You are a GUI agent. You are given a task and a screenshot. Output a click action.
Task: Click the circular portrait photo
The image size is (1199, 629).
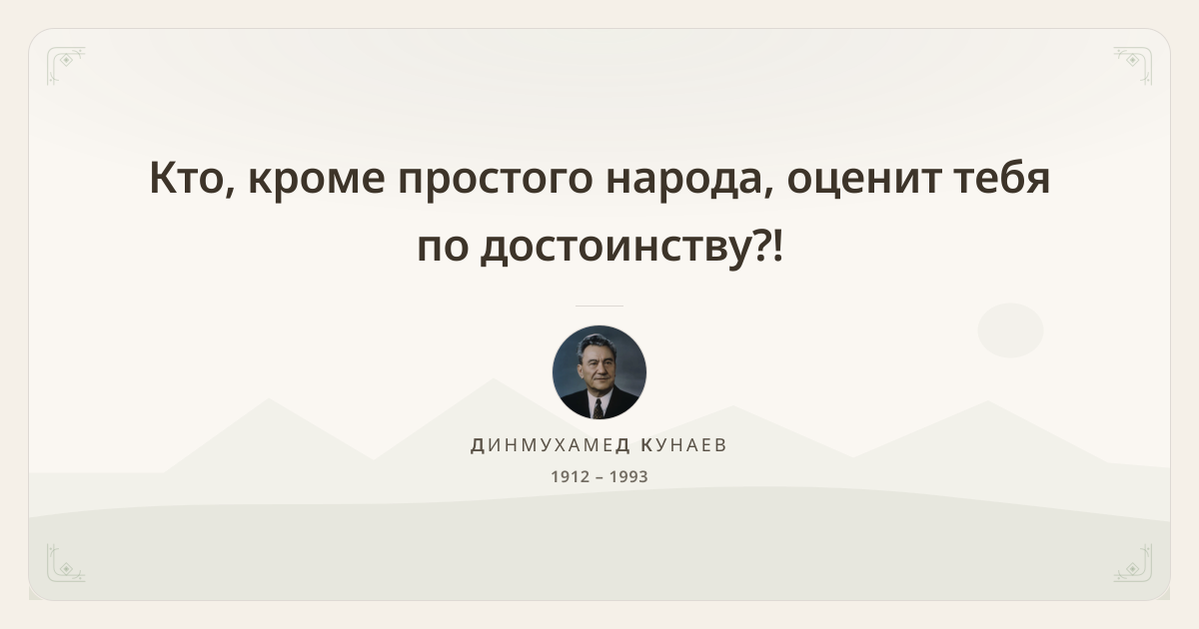click(599, 372)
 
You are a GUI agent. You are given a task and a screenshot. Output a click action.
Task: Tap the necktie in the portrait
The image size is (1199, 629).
click(598, 408)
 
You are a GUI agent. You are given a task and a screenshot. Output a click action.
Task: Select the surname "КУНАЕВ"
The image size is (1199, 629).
click(684, 445)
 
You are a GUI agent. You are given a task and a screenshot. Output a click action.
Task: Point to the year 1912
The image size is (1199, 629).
click(571, 476)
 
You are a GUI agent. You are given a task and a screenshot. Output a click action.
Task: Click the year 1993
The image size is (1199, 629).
click(628, 476)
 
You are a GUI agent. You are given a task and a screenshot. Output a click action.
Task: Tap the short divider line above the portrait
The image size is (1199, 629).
click(599, 306)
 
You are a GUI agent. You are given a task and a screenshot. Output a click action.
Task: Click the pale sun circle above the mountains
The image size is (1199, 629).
click(1010, 330)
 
